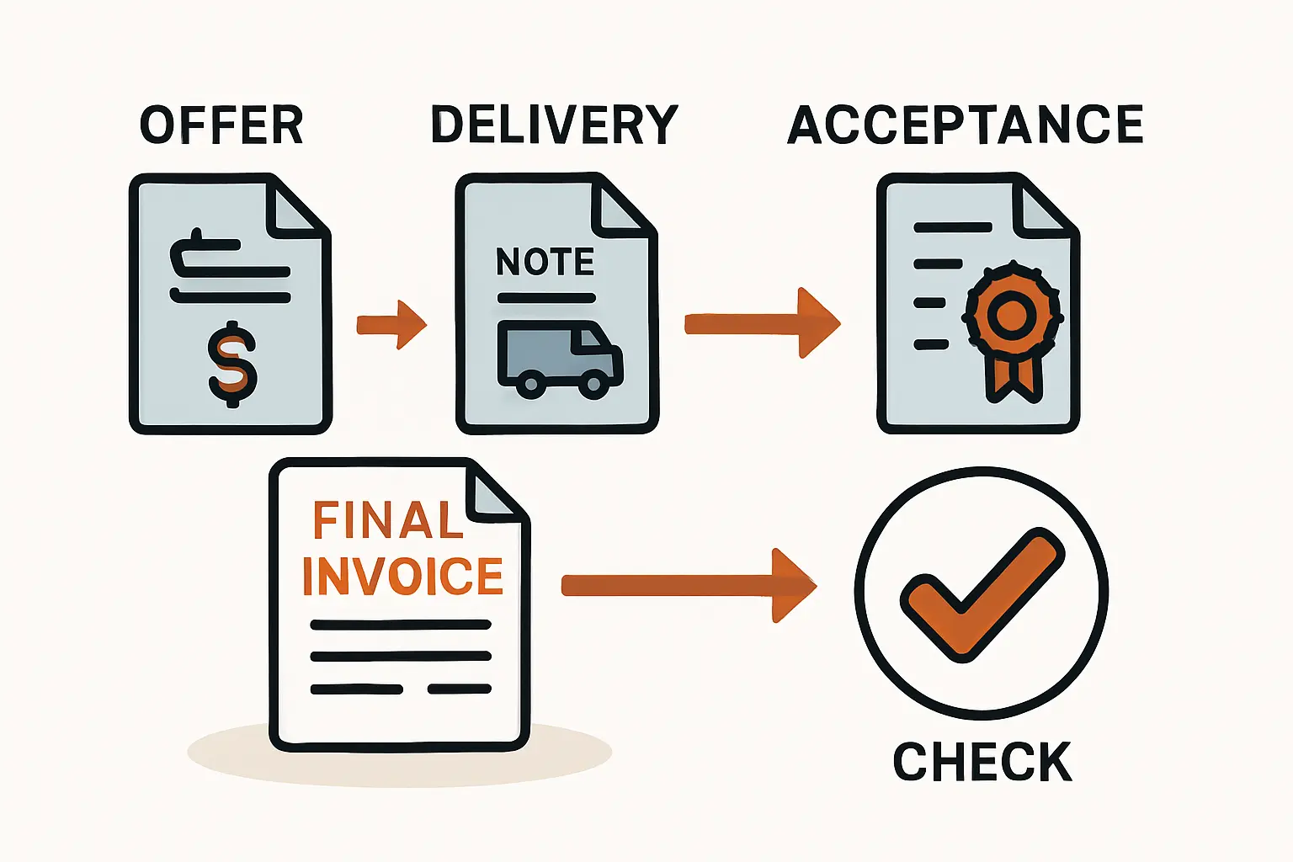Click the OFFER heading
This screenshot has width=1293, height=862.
221,126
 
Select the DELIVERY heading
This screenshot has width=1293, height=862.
554,125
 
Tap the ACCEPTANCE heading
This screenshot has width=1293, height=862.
966,125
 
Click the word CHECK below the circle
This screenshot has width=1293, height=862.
982,762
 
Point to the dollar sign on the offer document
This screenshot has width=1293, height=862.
232,364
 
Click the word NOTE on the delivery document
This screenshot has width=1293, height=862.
545,263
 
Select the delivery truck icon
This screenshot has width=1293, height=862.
560,358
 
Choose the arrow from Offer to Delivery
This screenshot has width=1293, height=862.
391,325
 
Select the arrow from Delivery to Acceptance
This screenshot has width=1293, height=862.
762,324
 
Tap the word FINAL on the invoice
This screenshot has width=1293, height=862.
388,521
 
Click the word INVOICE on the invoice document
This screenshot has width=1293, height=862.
402,577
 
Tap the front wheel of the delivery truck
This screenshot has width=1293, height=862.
593,385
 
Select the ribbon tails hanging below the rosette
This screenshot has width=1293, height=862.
1011,376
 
